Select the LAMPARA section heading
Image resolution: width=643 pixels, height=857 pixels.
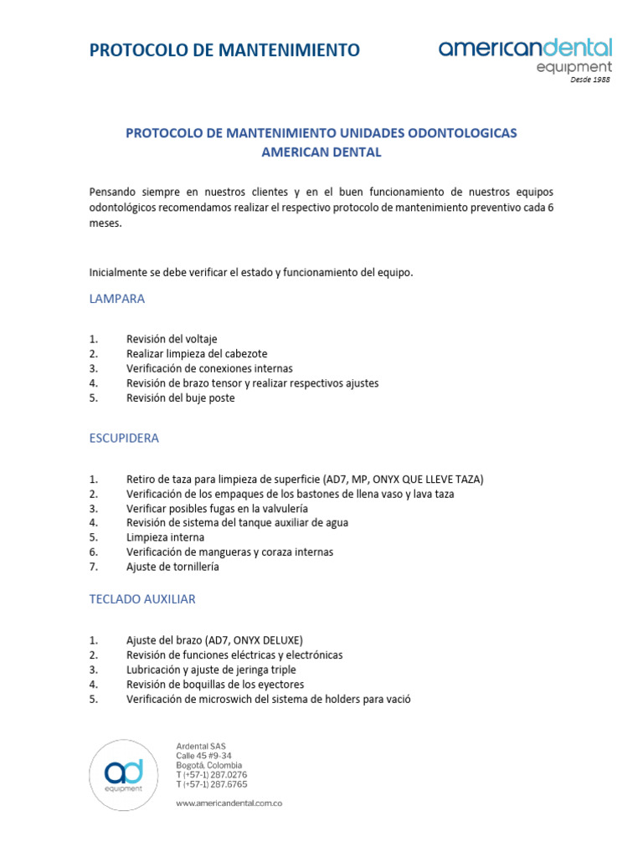(117, 298)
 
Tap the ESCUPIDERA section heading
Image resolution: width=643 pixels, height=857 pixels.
(124, 438)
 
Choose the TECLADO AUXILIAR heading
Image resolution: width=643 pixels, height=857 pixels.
(142, 599)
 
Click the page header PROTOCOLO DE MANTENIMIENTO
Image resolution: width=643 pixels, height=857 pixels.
(224, 51)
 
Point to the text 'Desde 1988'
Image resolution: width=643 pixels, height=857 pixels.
(591, 80)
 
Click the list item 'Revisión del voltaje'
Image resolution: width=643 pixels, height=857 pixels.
(172, 339)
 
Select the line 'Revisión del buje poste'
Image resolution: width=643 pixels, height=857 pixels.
(180, 398)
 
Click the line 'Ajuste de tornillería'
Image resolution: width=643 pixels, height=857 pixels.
(172, 567)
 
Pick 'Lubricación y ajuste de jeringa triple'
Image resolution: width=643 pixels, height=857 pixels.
(211, 670)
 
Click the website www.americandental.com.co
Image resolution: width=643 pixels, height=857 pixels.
(229, 803)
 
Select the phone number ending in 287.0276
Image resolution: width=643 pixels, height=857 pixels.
(212, 775)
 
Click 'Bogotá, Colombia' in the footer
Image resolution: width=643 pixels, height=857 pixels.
(209, 765)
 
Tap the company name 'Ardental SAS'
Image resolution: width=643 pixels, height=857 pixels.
(200, 746)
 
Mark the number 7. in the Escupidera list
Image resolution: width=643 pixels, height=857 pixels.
(94, 567)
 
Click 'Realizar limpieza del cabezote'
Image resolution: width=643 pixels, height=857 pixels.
(197, 354)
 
